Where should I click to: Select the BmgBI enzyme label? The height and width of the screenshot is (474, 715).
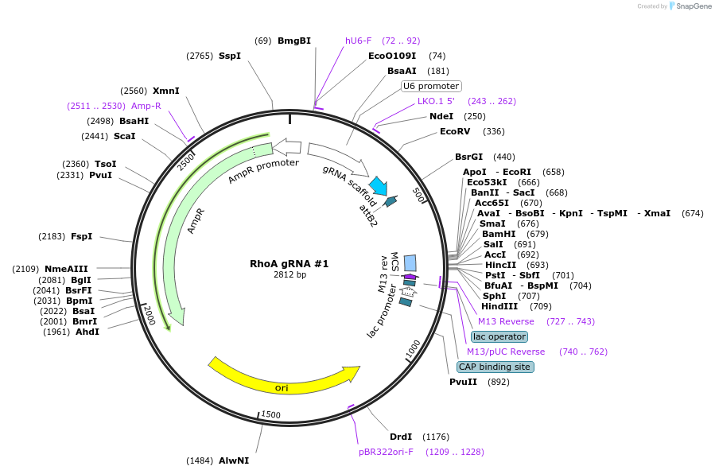click(x=293, y=41)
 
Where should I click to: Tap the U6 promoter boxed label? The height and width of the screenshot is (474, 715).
click(x=431, y=86)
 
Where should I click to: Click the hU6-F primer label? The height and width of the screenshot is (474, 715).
click(x=358, y=41)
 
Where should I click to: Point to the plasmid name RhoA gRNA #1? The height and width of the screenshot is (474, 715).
click(x=289, y=263)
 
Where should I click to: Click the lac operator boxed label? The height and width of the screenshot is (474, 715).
click(x=499, y=336)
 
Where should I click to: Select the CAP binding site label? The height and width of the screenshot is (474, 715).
click(x=495, y=367)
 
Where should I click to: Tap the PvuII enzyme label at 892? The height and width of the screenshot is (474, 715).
click(x=463, y=382)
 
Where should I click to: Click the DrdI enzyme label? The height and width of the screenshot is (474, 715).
click(x=401, y=437)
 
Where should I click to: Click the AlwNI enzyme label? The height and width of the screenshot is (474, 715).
click(x=234, y=460)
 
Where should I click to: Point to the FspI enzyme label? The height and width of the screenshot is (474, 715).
click(x=82, y=236)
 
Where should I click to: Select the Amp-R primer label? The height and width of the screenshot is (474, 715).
click(x=146, y=106)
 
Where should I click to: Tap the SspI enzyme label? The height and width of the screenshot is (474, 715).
click(x=230, y=56)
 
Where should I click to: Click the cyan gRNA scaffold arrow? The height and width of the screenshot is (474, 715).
click(x=377, y=186)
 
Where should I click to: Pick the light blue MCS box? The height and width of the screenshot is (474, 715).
click(x=410, y=262)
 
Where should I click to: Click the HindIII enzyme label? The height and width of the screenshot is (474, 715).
click(x=499, y=306)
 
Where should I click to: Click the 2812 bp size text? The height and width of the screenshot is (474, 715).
click(x=289, y=274)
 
